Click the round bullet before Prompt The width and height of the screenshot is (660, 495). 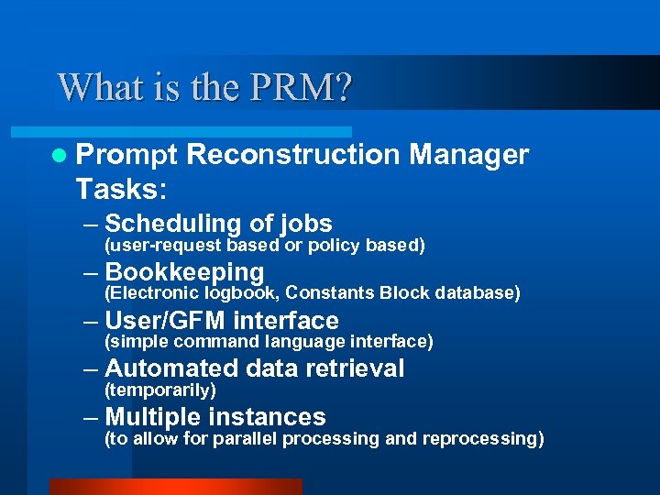(x=60, y=156)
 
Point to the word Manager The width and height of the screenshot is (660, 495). (x=469, y=155)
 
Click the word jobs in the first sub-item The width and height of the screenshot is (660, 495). (x=306, y=224)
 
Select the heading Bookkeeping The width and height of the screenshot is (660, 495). (x=185, y=272)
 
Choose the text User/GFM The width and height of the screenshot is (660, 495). (x=166, y=321)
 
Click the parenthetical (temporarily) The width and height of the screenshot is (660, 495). (x=161, y=390)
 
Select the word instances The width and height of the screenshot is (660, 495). (x=268, y=417)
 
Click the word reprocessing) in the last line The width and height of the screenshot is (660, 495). (x=483, y=439)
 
